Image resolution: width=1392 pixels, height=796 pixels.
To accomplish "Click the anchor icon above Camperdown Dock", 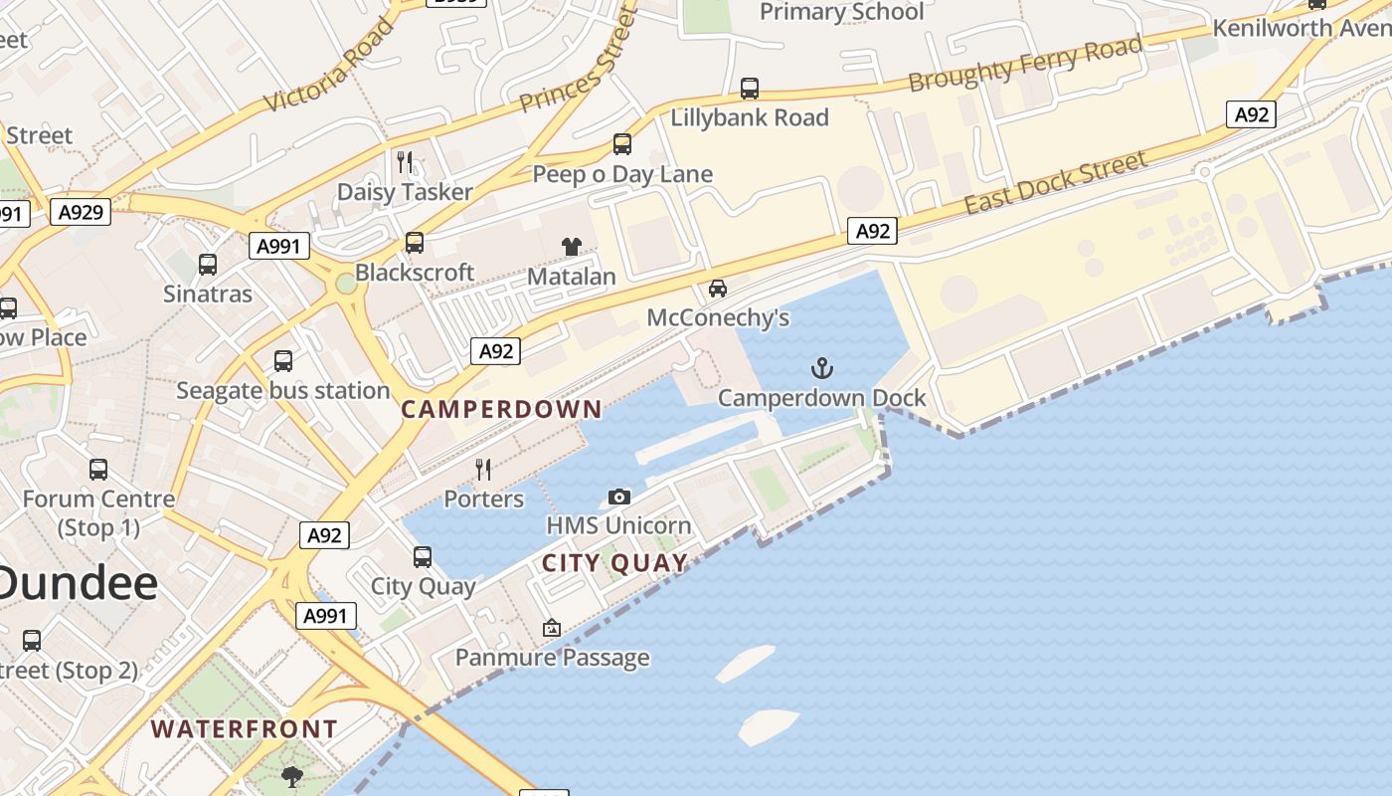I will [x=821, y=369].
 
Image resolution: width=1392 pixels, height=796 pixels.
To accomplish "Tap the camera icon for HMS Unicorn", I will [x=618, y=497].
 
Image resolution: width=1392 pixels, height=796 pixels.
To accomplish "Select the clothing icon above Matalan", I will [x=571, y=247].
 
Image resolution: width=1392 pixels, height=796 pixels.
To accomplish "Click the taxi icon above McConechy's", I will [x=717, y=289].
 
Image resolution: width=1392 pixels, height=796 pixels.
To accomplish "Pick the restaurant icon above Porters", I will [x=483, y=470].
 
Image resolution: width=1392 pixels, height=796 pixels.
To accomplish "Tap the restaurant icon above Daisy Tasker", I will [x=405, y=162].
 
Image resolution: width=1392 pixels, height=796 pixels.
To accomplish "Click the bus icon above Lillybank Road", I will [x=750, y=89].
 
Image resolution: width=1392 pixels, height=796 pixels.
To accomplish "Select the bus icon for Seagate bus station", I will [x=283, y=361].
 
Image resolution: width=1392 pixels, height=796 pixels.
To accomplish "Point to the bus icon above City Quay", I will [x=423, y=557].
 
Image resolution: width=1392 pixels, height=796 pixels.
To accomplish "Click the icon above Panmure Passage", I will [x=551, y=628].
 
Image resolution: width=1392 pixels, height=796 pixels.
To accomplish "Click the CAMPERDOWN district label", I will [x=501, y=409].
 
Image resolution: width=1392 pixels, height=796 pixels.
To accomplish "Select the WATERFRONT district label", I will [x=245, y=729].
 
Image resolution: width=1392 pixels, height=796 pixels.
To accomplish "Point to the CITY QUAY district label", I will [x=614, y=564].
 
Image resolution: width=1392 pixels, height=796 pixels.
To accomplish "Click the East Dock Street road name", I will [x=1055, y=182].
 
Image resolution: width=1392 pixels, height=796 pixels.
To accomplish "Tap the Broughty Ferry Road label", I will [x=1025, y=63].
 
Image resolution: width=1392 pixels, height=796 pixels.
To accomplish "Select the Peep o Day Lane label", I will [x=622, y=175].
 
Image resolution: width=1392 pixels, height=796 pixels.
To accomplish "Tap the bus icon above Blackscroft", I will [x=415, y=243].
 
